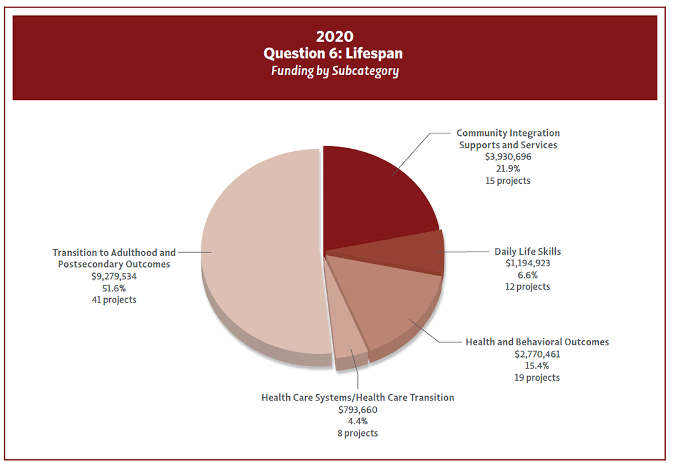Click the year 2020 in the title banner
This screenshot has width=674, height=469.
[335, 36]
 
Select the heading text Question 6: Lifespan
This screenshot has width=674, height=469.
[335, 53]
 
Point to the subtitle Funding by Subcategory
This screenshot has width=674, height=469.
[335, 70]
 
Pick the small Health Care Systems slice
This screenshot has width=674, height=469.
[350, 343]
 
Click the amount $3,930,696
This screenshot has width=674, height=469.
[508, 157]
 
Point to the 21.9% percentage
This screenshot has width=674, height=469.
[508, 168]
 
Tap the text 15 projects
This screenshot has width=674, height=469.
[508, 181]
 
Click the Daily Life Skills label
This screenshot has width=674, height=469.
[528, 251]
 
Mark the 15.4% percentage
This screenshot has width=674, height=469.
[537, 366]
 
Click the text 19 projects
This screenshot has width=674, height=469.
[537, 378]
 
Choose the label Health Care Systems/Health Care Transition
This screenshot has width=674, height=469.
[358, 397]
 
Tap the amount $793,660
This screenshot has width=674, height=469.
[358, 410]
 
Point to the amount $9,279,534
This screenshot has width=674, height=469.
[114, 276]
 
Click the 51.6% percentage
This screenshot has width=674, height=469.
[114, 288]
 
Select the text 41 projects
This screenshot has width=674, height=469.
[114, 300]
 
